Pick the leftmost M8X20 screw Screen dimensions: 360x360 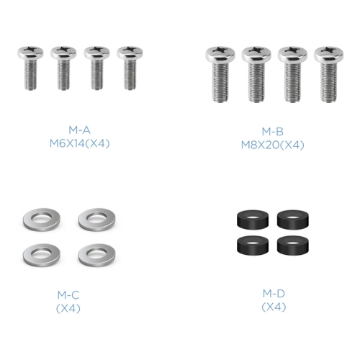click(220, 74)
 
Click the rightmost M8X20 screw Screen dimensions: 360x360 click(328, 74)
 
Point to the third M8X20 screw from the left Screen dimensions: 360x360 click(292, 74)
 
